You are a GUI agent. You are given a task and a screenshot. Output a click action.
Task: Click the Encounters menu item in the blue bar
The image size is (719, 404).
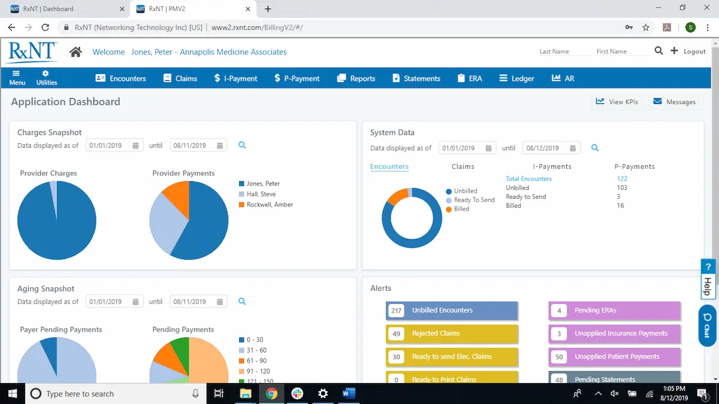coord(121,78)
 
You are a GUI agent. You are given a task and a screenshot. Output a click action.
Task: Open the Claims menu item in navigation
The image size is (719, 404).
coord(180,78)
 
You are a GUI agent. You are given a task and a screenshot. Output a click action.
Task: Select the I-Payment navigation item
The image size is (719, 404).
coord(235,78)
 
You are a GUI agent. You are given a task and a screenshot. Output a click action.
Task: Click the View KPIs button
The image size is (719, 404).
coord(617,102)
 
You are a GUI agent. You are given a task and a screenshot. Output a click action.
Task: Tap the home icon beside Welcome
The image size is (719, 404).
coord(75,52)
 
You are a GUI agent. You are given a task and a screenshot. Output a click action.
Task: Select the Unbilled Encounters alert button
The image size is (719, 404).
coord(452,311)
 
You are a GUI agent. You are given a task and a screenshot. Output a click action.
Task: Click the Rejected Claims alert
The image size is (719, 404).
coord(452,333)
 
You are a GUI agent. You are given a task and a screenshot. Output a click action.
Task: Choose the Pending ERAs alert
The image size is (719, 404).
coord(615,311)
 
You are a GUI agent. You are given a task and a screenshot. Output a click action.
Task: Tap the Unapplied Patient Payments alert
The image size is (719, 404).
coord(615,357)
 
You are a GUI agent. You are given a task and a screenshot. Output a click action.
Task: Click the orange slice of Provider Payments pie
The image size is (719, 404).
coord(177,193)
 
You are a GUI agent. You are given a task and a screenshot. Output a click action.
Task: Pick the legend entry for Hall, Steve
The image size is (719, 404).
coord(261,194)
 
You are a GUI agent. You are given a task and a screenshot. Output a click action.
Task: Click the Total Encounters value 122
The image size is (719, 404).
coord(622,179)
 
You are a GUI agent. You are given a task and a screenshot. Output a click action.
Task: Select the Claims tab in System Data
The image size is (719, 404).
coord(463,166)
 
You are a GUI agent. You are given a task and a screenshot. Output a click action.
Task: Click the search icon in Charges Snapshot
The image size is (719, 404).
coord(243,145)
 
